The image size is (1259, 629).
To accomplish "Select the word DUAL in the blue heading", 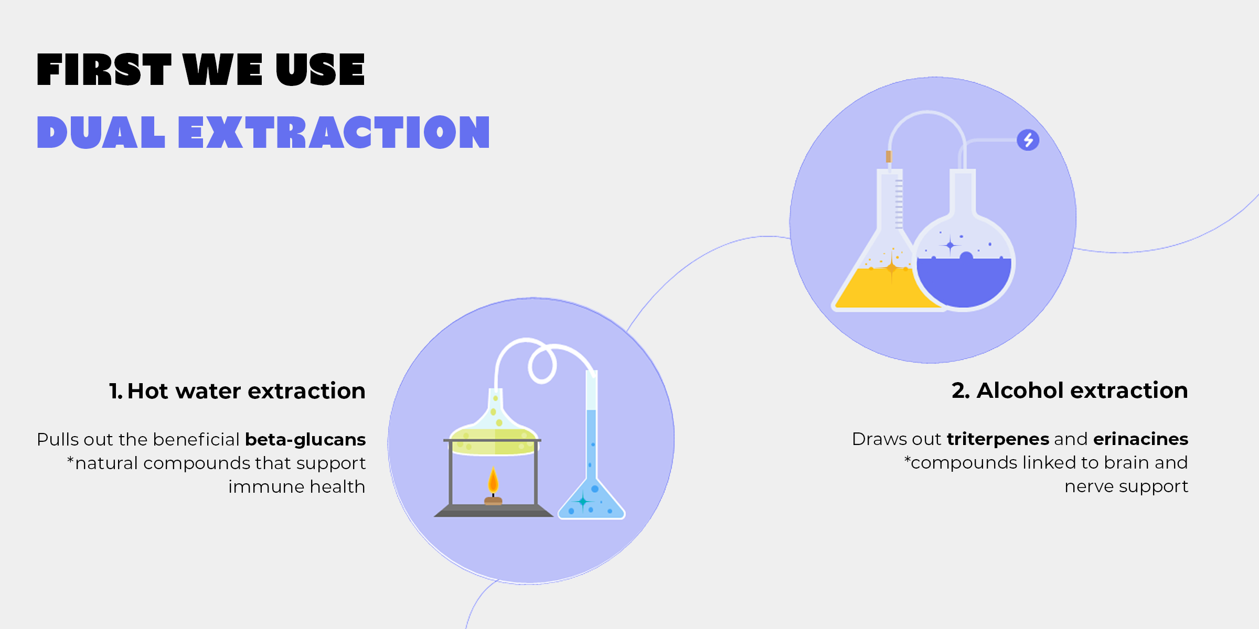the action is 101,132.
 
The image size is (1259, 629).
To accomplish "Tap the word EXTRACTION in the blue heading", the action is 334,132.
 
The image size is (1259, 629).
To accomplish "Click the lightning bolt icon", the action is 1028,140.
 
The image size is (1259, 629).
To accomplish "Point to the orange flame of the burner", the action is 493,481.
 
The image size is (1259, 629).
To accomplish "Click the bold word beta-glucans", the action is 305,439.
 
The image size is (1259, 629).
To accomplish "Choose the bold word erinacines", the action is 1140,439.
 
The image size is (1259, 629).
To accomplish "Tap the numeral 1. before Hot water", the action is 116,391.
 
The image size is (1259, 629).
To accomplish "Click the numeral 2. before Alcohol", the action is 961,391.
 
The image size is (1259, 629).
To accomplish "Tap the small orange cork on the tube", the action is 889,156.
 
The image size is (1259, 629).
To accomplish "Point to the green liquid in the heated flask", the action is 493,442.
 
